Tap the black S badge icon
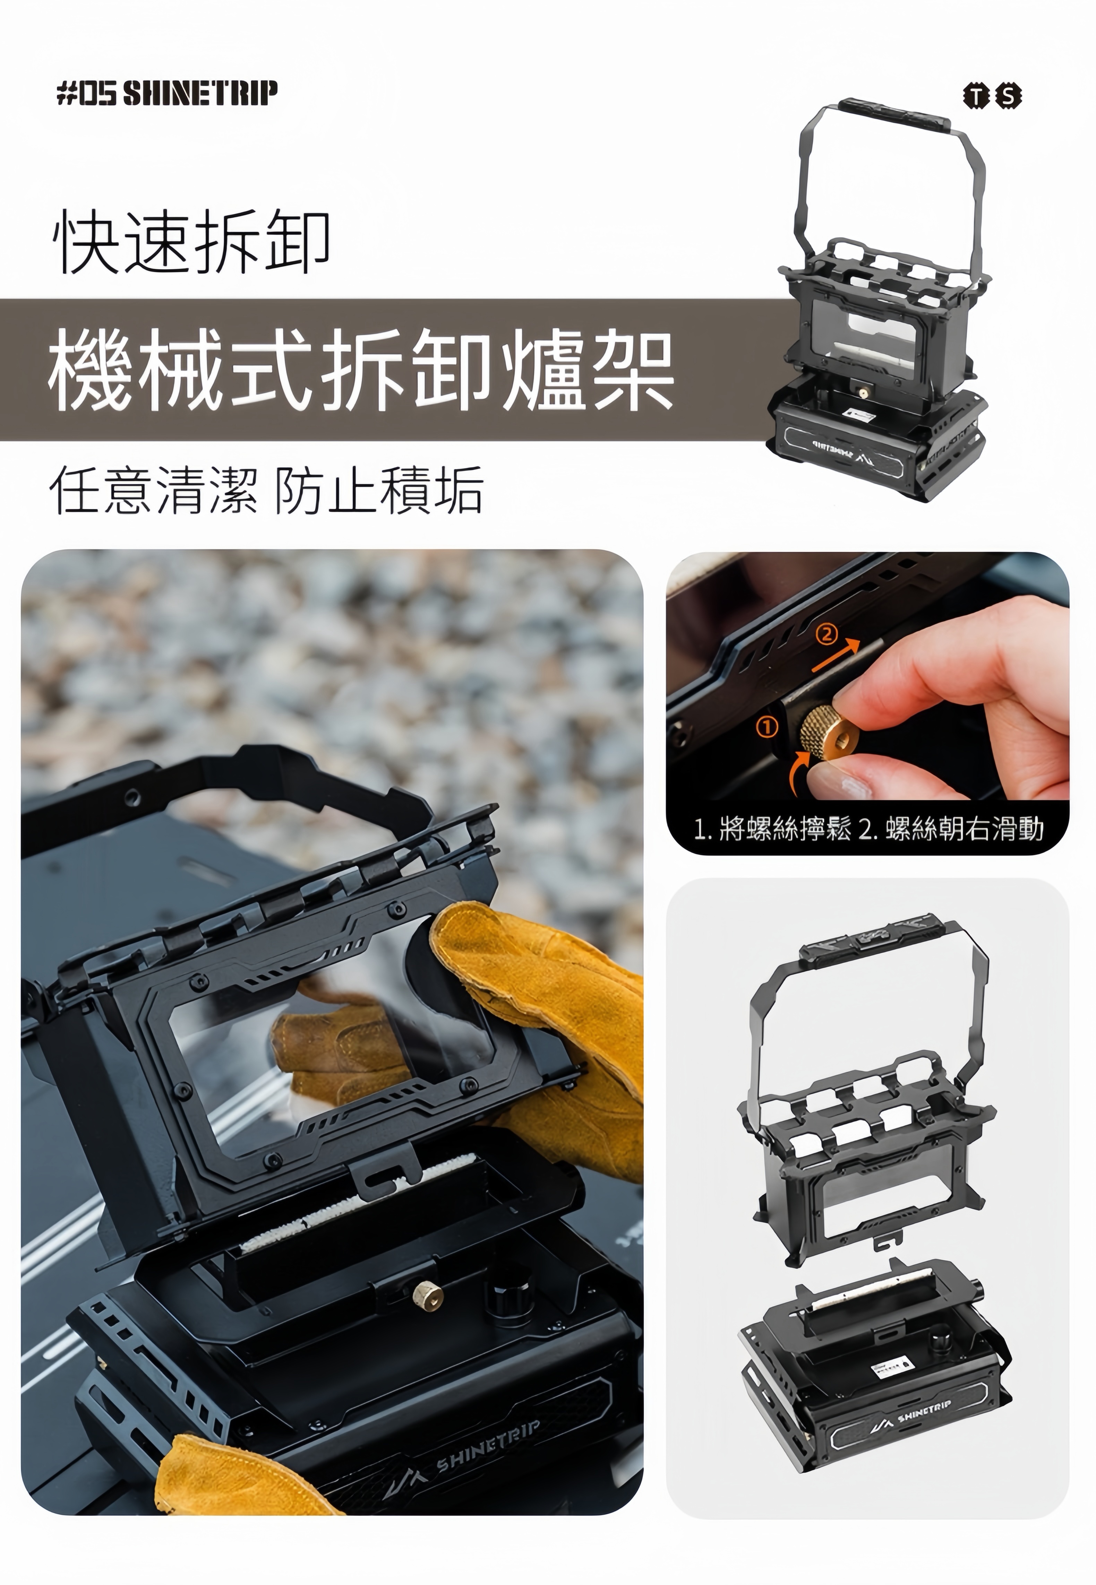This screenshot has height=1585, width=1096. point(1009,96)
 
